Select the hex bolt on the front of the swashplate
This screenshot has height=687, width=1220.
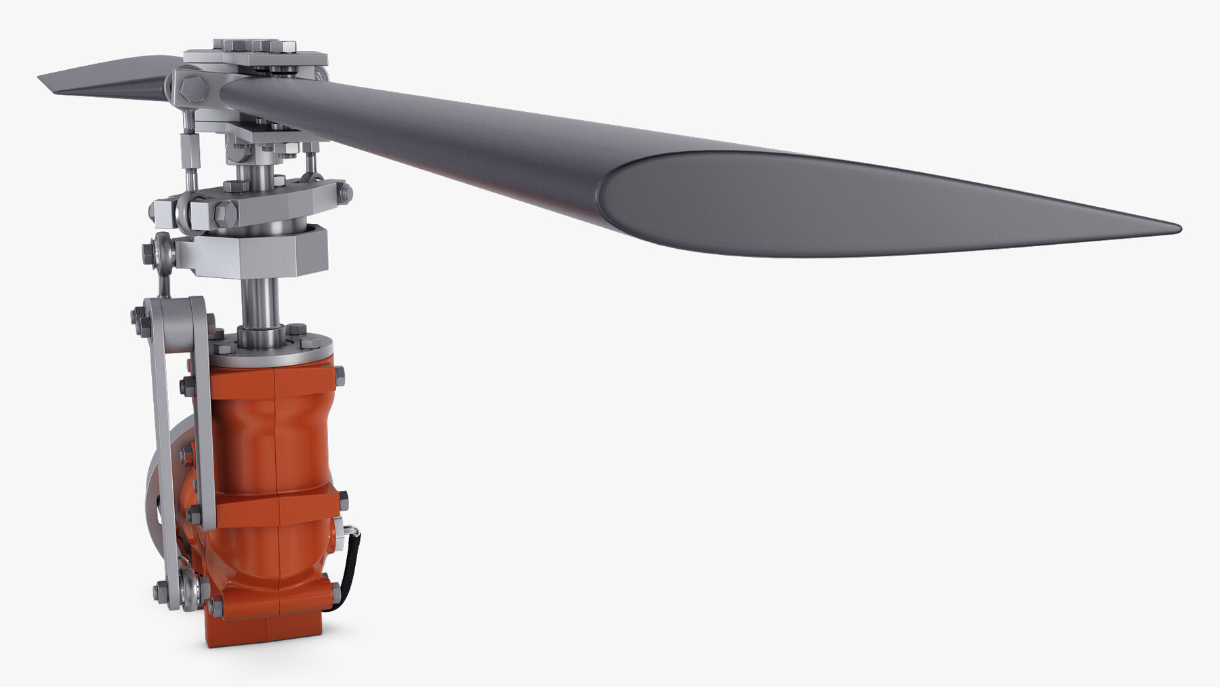[222, 213]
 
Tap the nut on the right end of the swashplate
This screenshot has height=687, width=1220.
[346, 193]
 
